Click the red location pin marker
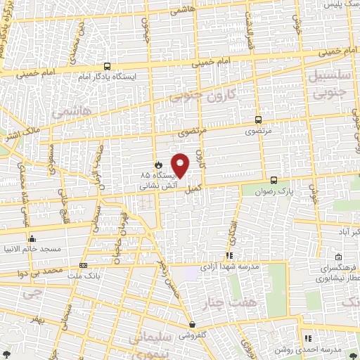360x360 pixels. (x=181, y=166)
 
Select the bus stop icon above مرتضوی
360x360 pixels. (x=258, y=120)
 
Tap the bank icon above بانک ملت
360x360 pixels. (x=84, y=265)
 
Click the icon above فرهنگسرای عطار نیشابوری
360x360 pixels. (x=339, y=257)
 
